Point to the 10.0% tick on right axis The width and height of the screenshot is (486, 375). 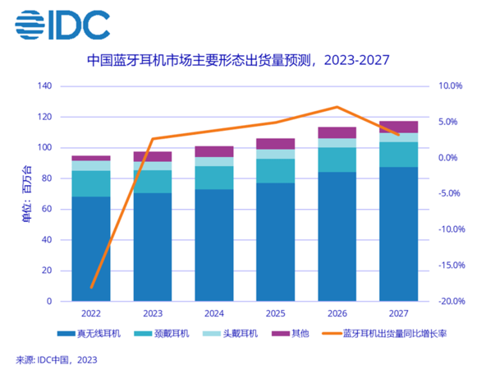coord(451,86)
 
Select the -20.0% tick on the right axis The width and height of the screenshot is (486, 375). coord(450,302)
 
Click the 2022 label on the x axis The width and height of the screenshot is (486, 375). coord(90,313)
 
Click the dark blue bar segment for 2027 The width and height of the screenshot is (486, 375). coord(398,234)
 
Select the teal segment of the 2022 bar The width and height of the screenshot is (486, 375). coord(90,183)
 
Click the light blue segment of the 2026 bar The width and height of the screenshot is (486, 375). coord(337,143)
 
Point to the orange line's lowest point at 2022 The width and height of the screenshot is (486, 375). coord(91,288)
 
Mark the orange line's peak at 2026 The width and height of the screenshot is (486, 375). coord(337,107)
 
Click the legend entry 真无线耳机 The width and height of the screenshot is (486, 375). coord(93,334)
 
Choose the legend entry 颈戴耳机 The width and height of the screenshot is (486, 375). coord(163,334)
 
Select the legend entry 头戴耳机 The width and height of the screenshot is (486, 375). coord(232,334)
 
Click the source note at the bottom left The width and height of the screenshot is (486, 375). coord(57,359)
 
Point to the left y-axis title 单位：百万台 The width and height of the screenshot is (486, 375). coord(25,193)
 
